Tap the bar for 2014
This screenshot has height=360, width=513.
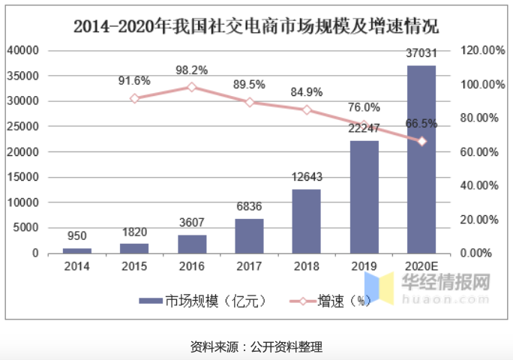coord(76,250)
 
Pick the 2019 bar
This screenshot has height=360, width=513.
coord(364,196)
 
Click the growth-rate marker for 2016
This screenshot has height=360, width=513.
coord(191,87)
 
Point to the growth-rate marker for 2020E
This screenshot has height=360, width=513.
coord(422,141)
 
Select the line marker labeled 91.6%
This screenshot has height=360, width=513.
coord(134,98)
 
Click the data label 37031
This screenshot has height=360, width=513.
coord(421,55)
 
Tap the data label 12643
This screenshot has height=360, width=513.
coord(306,178)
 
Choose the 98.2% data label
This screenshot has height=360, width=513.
coord(191,70)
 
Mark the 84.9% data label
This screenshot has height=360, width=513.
coord(307,92)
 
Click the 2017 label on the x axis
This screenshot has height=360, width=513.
coord(249,266)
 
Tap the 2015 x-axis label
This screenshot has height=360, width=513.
coord(134,266)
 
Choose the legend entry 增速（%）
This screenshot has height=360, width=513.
coord(331,301)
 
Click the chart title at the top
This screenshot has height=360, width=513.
coord(256,25)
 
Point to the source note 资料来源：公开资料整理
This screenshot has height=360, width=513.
coord(256,346)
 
